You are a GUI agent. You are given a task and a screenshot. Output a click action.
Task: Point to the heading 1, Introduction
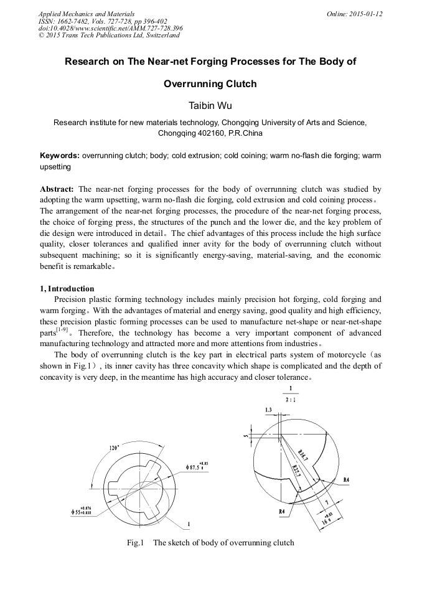[x=67, y=289]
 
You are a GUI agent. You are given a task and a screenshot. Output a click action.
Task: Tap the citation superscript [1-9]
[x=62, y=329]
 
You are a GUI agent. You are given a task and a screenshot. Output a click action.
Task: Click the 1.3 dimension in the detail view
[x=268, y=410]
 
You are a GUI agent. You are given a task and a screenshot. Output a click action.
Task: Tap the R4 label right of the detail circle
[x=347, y=479]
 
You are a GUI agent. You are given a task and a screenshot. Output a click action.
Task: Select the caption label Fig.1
[x=136, y=543]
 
